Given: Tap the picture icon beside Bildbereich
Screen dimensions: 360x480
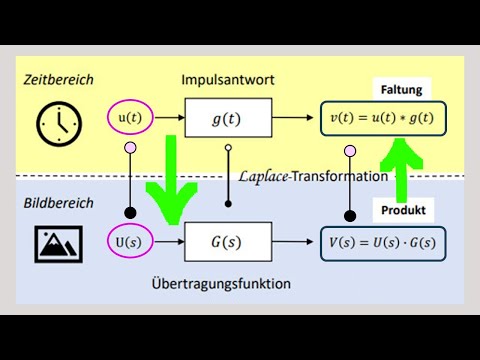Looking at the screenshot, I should coord(57,243).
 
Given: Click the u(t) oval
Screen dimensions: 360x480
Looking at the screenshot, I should coord(130,119).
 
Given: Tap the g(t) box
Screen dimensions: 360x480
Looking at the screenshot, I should coord(228,120).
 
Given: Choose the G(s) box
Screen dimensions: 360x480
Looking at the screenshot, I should coord(227,242).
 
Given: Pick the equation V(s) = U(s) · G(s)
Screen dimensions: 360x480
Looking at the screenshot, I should coord(383,242).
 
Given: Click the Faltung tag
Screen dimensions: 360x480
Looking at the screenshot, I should coord(400,90).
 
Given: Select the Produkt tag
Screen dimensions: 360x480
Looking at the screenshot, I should coord(403,212).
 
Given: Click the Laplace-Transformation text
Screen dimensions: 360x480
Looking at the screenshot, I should coord(313,176).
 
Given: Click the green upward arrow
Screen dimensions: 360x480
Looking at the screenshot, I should coord(400,165).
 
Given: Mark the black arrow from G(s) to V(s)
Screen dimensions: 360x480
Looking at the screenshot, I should coord(294,242).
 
